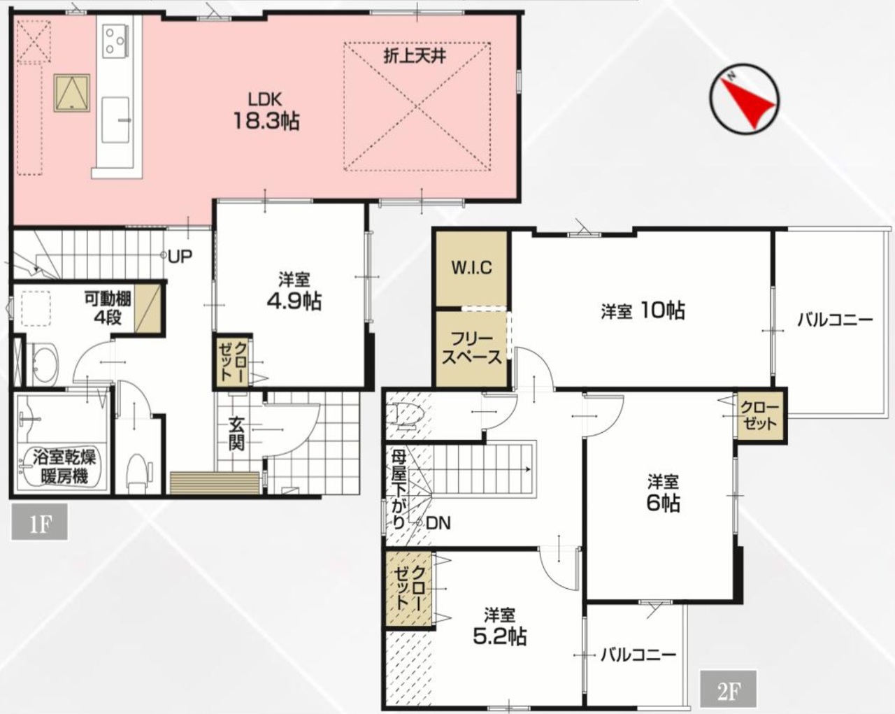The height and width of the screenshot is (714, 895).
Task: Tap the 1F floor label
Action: (x=40, y=522)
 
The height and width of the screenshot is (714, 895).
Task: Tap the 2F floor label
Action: (x=728, y=689)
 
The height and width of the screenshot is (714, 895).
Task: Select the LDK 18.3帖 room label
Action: (x=266, y=110)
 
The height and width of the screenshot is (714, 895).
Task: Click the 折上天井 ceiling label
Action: (x=415, y=56)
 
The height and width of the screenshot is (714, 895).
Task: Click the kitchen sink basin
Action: (x=115, y=120)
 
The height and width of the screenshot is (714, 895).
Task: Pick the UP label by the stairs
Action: (x=180, y=257)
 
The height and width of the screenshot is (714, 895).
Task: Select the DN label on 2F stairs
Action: (x=438, y=523)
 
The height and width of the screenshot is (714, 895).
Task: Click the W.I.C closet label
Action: (x=472, y=268)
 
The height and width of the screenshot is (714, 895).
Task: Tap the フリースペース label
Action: (x=471, y=349)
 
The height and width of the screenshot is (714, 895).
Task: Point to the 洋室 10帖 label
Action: (x=643, y=310)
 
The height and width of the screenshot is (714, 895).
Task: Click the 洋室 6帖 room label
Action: (x=663, y=493)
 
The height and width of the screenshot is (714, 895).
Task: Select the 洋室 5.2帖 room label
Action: (x=500, y=626)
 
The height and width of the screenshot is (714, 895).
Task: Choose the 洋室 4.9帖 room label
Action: (x=294, y=291)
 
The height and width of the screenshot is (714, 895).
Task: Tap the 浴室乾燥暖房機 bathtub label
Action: (x=64, y=466)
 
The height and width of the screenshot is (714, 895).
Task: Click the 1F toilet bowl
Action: (x=138, y=472)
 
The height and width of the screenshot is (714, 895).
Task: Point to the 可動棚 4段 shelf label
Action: (x=108, y=308)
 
